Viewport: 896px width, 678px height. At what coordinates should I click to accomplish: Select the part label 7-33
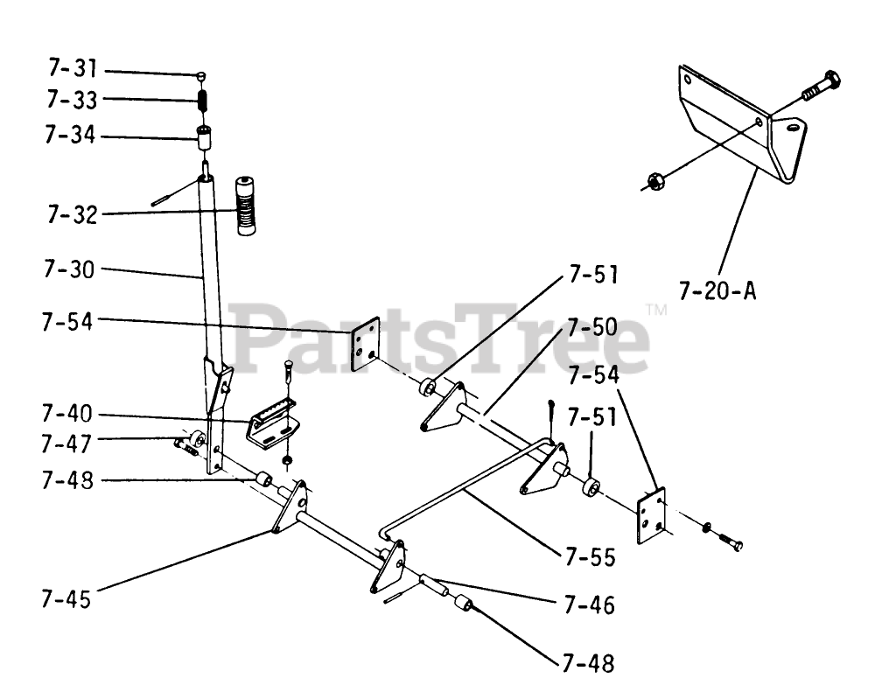(73, 100)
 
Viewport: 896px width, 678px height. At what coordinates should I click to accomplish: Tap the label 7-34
(73, 136)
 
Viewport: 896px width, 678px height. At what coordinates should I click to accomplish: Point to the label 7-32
(73, 214)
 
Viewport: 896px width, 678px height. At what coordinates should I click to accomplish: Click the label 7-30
(68, 269)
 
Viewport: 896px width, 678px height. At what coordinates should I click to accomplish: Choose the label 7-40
(68, 413)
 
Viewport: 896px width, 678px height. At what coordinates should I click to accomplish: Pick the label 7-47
(68, 444)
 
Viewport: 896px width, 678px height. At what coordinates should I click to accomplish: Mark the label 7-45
(66, 599)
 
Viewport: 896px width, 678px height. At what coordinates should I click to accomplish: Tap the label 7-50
(591, 328)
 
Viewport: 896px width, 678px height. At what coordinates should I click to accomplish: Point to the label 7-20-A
(717, 290)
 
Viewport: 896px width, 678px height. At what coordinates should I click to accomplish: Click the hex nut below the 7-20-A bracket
(652, 182)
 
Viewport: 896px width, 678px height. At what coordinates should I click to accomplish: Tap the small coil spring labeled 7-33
(202, 100)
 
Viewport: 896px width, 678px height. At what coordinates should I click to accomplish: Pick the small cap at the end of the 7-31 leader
(201, 75)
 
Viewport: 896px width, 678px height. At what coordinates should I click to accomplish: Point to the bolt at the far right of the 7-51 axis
(731, 542)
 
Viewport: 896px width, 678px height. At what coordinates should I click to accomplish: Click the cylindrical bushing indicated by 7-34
(204, 138)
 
